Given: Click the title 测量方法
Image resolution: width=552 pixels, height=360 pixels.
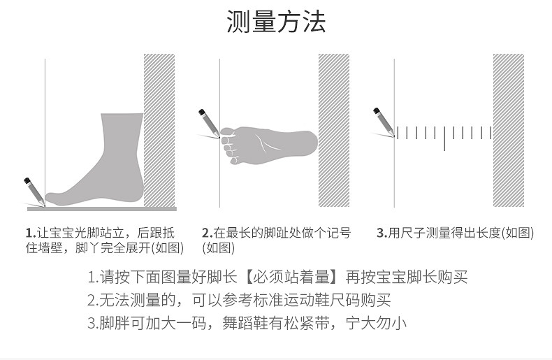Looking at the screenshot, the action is pos(276,22).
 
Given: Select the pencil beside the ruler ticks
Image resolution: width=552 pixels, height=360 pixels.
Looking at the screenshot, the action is pos(383,121).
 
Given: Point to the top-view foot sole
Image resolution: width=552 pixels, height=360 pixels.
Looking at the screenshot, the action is pos(269,143).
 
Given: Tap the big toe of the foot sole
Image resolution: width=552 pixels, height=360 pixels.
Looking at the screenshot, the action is pos(227,131).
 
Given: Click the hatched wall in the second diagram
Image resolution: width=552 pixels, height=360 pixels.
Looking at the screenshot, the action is pos(333,129).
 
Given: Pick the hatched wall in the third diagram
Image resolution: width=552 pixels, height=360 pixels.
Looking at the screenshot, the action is pos(508,129).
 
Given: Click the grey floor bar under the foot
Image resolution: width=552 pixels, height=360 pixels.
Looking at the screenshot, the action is pos(101,208).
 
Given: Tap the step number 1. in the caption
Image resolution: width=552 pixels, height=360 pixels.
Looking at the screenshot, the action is pos(31,233).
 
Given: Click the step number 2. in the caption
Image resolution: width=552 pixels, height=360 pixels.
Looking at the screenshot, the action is pos(207,233).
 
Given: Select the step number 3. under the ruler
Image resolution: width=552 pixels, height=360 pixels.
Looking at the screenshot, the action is pos(382,233).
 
